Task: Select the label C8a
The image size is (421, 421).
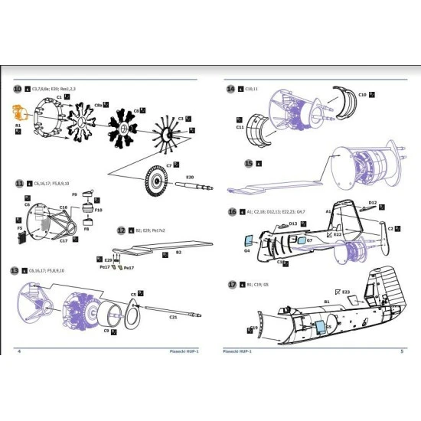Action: (x=99, y=104)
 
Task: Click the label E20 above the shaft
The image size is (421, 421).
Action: (x=190, y=177)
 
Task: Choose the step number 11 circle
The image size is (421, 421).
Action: (x=18, y=184)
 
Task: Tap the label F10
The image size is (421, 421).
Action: (x=98, y=209)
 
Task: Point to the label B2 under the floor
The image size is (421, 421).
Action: (x=178, y=251)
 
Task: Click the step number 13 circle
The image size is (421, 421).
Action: (x=14, y=271)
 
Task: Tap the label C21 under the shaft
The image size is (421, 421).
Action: (x=173, y=317)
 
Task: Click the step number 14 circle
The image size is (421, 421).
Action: (x=230, y=90)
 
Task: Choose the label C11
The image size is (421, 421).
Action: (x=240, y=128)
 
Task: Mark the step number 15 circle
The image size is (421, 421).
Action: (x=248, y=163)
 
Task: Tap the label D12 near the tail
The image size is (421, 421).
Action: (x=372, y=203)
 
